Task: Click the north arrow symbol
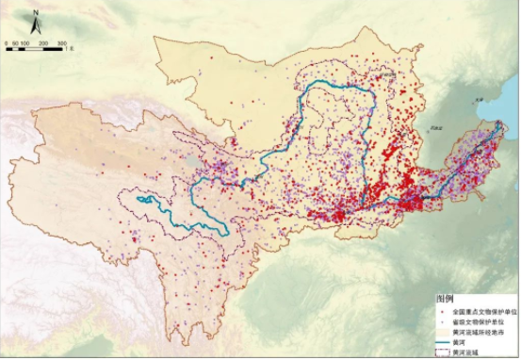36,25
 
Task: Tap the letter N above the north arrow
36,12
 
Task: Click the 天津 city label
480,99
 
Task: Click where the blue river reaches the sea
494,132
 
